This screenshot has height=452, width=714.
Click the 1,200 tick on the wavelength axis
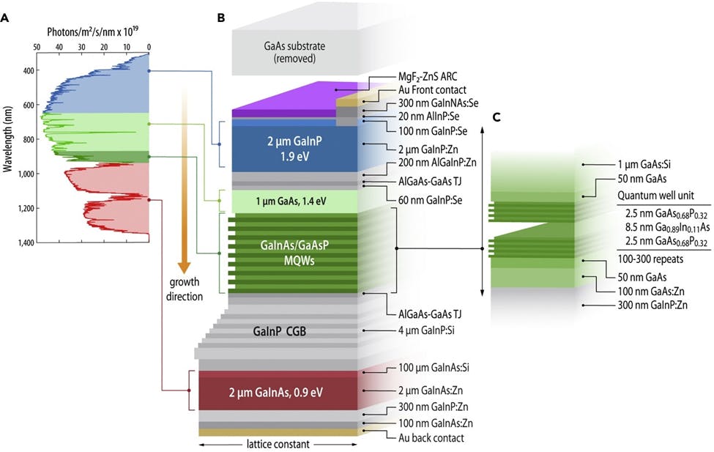pyautogui.click(x=26, y=208)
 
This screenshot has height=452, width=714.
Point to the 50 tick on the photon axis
pyautogui.click(x=37, y=45)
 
